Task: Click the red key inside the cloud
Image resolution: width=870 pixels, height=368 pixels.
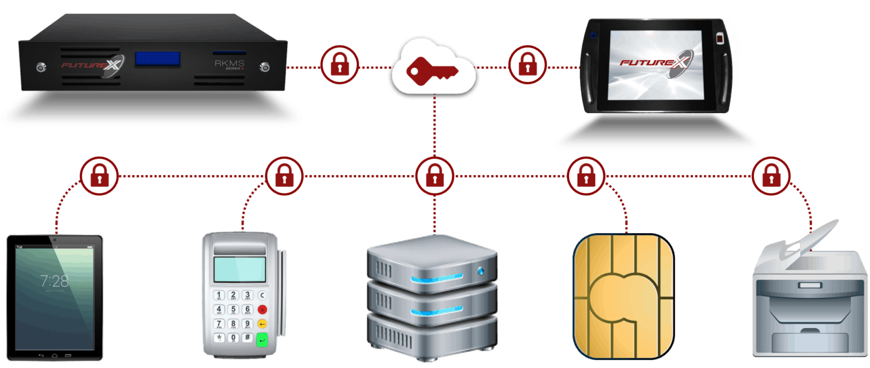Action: pos(433,71)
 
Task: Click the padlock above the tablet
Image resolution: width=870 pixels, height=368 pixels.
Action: pos(100,176)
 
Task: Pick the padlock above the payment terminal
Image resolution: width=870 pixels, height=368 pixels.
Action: pos(285,176)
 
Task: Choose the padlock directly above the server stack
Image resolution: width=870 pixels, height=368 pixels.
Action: pos(434,176)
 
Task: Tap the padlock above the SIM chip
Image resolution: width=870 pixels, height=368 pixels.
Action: pos(585,176)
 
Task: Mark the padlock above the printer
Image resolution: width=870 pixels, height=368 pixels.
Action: pos(771,176)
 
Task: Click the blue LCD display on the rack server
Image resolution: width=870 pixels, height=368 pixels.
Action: pos(158,59)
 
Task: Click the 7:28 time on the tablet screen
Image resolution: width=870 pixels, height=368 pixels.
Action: pos(54,281)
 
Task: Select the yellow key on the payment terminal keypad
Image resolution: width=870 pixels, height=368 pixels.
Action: pos(262,324)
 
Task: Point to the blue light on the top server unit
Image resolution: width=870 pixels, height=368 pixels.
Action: pos(482,270)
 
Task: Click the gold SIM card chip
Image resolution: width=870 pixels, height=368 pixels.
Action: pos(623,294)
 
